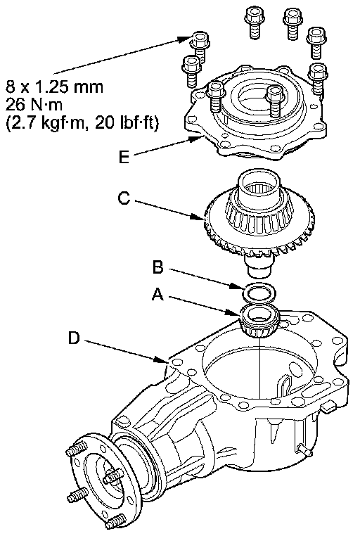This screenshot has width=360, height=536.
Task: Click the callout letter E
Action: coord(124,158)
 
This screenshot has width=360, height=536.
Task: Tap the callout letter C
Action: coord(124,198)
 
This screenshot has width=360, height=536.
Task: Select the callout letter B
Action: coord(157,267)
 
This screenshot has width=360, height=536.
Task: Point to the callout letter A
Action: coord(157,294)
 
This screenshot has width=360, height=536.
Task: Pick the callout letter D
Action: coord(74,338)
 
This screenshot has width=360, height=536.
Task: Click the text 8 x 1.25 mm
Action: coord(54,87)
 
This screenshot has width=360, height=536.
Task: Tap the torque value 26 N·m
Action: coord(34,104)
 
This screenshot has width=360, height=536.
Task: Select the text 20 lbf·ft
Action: coord(127,122)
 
